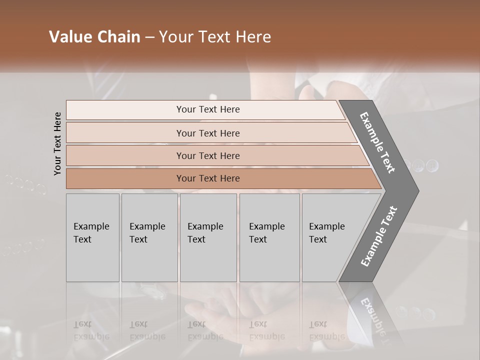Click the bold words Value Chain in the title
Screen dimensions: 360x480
(x=94, y=37)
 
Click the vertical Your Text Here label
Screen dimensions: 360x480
(x=58, y=143)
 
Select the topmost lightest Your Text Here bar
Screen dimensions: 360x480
(x=207, y=109)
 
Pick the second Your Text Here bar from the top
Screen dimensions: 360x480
(x=207, y=133)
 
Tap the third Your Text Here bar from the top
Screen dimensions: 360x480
(x=207, y=155)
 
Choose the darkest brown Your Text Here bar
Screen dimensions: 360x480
(x=207, y=178)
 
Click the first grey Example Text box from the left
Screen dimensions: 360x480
(x=92, y=237)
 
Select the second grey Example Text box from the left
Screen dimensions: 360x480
(x=149, y=237)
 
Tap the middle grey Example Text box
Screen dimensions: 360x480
(x=208, y=237)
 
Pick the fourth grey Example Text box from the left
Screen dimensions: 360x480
(x=269, y=237)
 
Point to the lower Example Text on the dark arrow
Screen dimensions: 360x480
(x=378, y=236)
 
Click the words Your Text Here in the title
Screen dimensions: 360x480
(x=215, y=37)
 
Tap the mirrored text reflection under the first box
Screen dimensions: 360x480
(x=90, y=330)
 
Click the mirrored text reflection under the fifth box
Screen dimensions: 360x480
(x=326, y=330)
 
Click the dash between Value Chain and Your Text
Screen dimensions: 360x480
(x=149, y=37)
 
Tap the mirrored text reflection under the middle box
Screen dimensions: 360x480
(x=204, y=330)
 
